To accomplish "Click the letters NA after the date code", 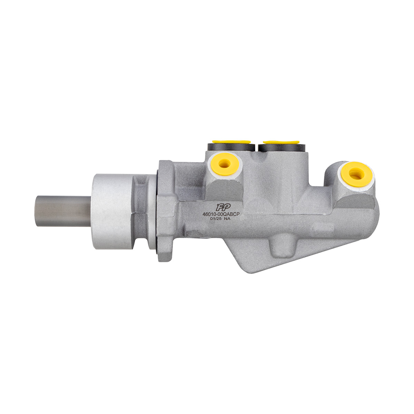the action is point(227,219).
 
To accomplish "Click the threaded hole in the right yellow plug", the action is point(357,174).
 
